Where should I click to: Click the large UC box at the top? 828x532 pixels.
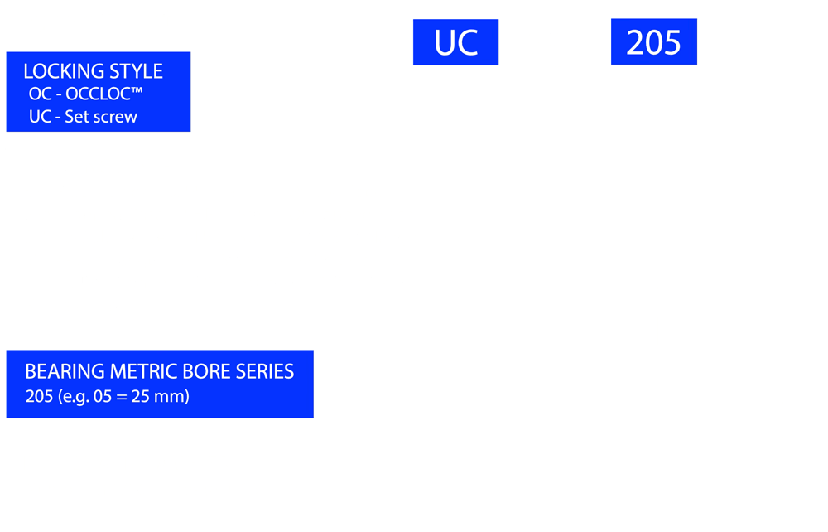[455, 42]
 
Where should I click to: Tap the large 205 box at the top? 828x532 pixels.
[654, 41]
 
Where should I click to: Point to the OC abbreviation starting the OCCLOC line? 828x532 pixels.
[40, 94]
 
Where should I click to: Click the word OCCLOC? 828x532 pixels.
[98, 94]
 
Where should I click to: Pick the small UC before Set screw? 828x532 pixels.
[40, 117]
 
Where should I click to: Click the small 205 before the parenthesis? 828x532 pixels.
[39, 396]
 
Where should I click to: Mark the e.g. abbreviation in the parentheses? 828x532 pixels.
[73, 397]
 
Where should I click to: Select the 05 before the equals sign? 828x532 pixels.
[103, 396]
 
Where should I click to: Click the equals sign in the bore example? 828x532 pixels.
[122, 397]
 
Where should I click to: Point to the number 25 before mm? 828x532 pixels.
[141, 396]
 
